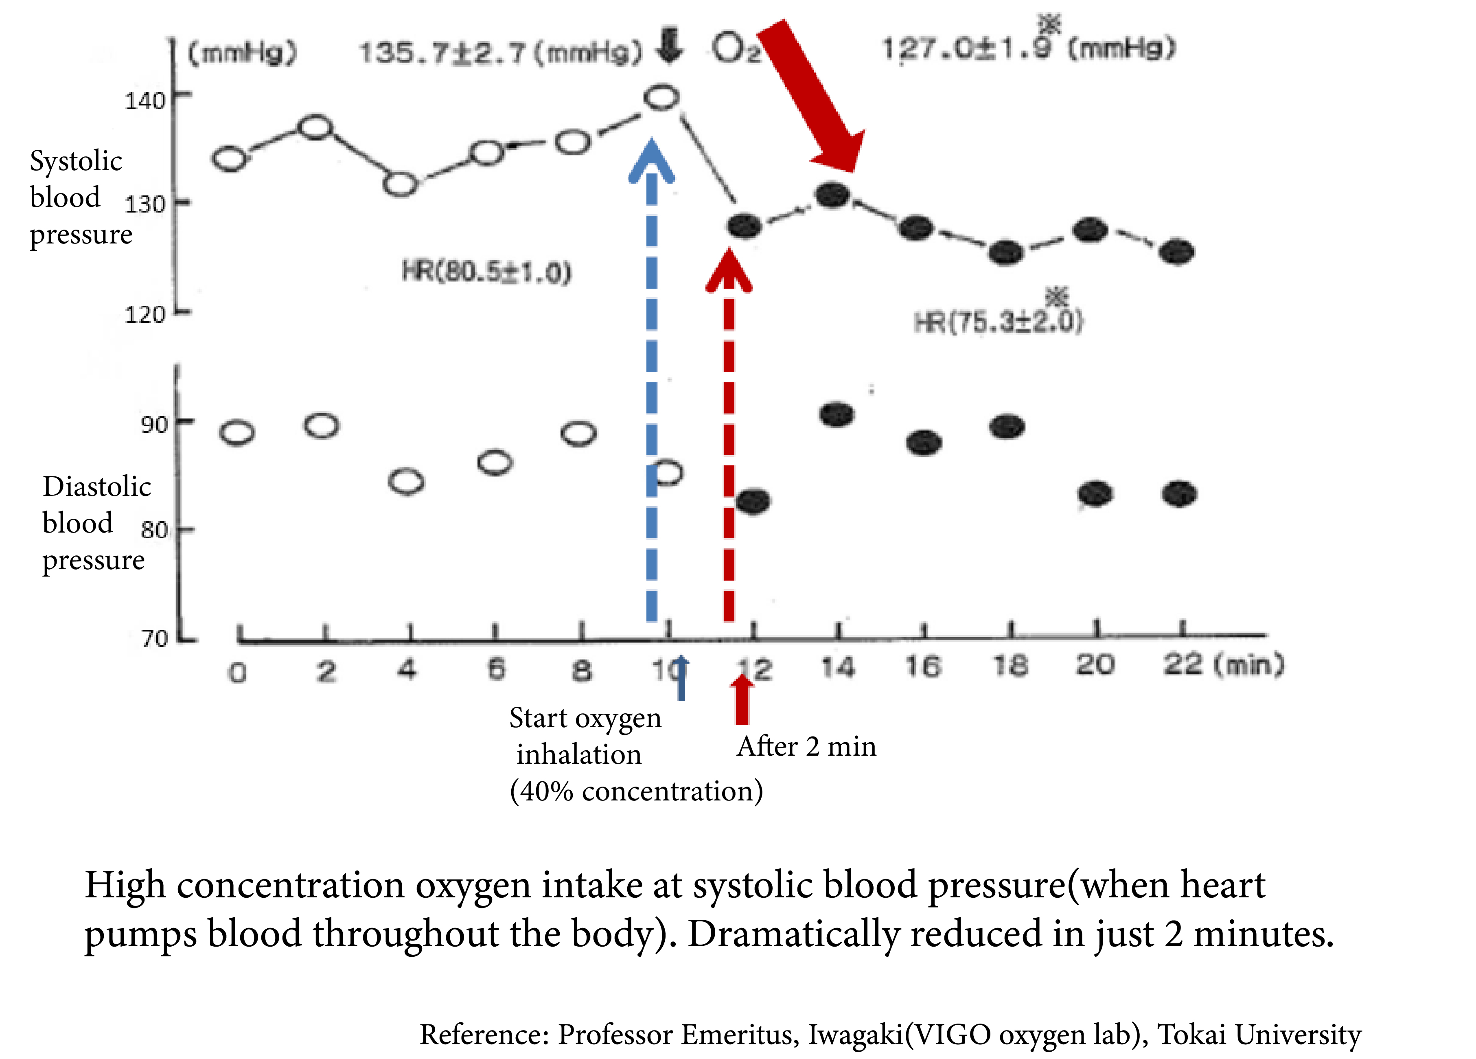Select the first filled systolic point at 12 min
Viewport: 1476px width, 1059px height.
(x=745, y=226)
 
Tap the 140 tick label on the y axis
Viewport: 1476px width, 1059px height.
(x=145, y=101)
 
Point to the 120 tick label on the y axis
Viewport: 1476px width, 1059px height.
(x=145, y=315)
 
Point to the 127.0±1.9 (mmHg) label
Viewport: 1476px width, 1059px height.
(x=1028, y=48)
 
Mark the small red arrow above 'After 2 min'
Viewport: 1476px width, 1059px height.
(x=742, y=700)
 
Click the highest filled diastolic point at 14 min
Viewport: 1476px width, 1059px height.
(x=837, y=414)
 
